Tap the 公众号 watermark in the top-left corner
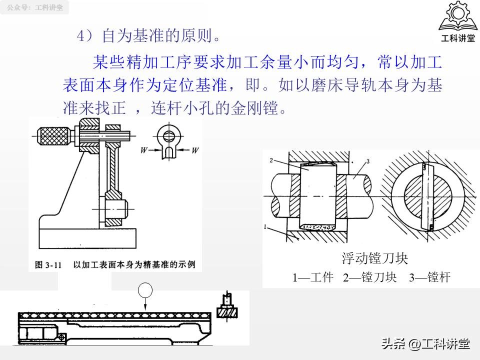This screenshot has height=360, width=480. tap(35, 7)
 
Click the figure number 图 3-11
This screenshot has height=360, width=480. tap(48, 265)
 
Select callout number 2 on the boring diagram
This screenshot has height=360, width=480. tap(270, 160)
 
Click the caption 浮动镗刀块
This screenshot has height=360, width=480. tap(375, 258)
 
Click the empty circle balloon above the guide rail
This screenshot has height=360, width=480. tap(145, 289)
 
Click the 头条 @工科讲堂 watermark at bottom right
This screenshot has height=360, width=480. tap(425, 344)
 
